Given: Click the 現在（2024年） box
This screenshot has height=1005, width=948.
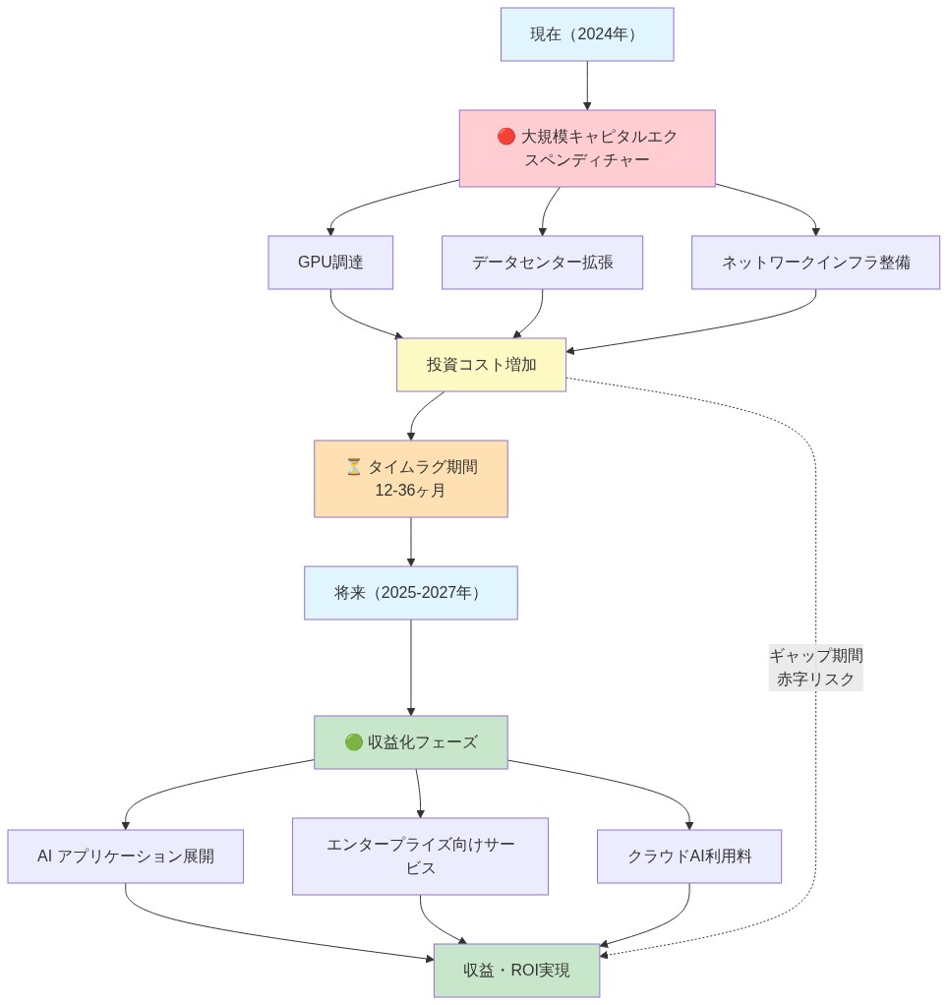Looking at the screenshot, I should [587, 34].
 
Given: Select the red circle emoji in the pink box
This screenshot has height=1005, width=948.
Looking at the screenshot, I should [506, 137].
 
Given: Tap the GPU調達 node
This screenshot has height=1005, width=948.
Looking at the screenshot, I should [330, 263].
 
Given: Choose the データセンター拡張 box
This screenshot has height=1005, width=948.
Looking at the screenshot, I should [542, 263].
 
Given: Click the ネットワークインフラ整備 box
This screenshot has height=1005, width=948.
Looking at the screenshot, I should [816, 263].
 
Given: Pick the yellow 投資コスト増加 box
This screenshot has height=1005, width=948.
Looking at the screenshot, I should [481, 365].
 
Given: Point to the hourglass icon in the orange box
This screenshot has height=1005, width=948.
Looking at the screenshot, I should [354, 466].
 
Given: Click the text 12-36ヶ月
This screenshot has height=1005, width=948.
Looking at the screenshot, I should [410, 490].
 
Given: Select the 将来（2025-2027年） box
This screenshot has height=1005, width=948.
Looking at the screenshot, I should [410, 593].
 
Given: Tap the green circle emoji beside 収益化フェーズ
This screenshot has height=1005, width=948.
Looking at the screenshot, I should [354, 742].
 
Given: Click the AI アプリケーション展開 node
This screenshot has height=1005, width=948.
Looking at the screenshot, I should [125, 857].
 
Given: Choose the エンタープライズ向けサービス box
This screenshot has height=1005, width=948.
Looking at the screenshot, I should [420, 857].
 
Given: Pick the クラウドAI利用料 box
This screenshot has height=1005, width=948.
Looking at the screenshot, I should [688, 857].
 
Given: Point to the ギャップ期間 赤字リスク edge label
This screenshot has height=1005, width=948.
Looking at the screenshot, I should [815, 668].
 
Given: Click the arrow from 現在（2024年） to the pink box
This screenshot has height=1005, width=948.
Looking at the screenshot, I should [587, 86].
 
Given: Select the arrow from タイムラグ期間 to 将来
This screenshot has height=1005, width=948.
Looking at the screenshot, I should [410, 542].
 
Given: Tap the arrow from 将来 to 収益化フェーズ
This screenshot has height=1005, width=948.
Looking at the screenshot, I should [410, 668].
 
